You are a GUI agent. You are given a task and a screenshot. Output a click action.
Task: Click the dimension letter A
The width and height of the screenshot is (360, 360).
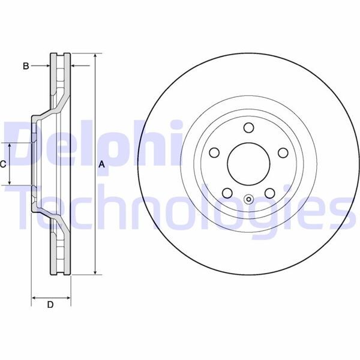tap(101, 164)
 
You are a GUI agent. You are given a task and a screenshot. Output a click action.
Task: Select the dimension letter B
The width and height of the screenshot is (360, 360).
tap(26, 66)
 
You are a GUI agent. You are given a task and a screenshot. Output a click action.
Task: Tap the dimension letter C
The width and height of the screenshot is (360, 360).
tap(3, 164)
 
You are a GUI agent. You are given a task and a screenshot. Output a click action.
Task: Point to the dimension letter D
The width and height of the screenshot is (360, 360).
tap(50, 305)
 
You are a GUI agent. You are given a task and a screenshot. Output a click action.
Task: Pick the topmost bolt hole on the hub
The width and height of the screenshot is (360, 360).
tap(248, 127)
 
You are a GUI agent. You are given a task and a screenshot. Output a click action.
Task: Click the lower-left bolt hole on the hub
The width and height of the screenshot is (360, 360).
tap(227, 193)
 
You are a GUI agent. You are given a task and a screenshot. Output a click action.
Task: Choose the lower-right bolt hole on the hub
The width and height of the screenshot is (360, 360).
tap(269, 193)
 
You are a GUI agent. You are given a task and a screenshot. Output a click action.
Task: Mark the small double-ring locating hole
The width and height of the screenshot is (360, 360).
tap(248, 200)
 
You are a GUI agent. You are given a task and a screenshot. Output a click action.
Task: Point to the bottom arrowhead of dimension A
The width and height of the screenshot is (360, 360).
tap(95, 273)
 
